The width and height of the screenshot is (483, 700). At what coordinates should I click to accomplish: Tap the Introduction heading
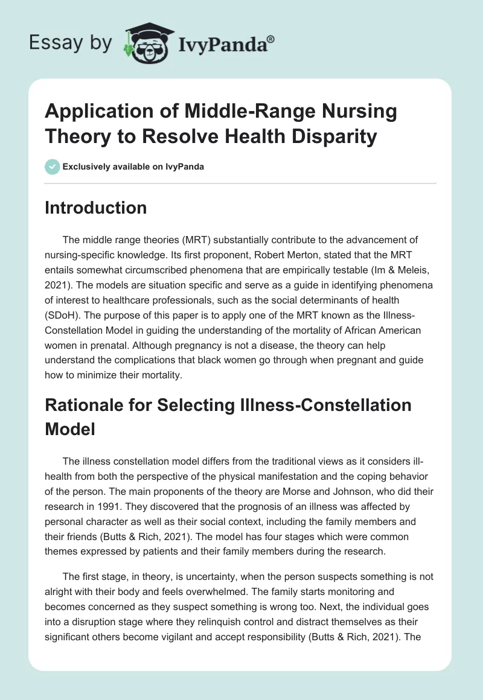(x=96, y=208)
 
